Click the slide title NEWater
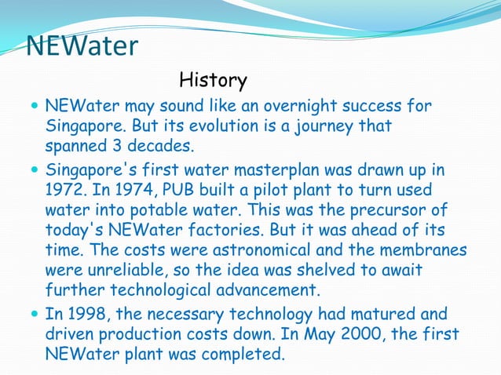(82, 46)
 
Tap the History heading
(213, 80)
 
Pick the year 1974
(141, 191)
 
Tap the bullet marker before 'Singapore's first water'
(33, 170)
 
